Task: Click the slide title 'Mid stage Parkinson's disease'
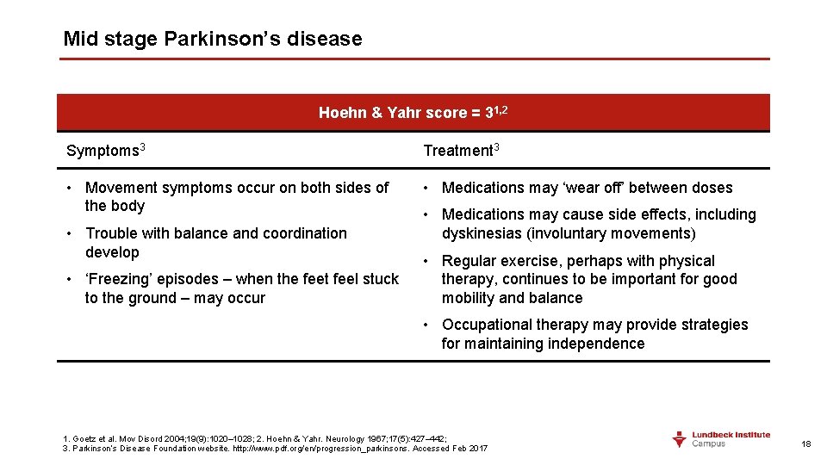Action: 213,40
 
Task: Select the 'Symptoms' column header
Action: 103,151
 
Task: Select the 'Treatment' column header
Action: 458,151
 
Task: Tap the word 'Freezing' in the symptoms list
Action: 121,279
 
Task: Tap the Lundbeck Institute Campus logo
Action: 720,439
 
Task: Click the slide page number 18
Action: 806,444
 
